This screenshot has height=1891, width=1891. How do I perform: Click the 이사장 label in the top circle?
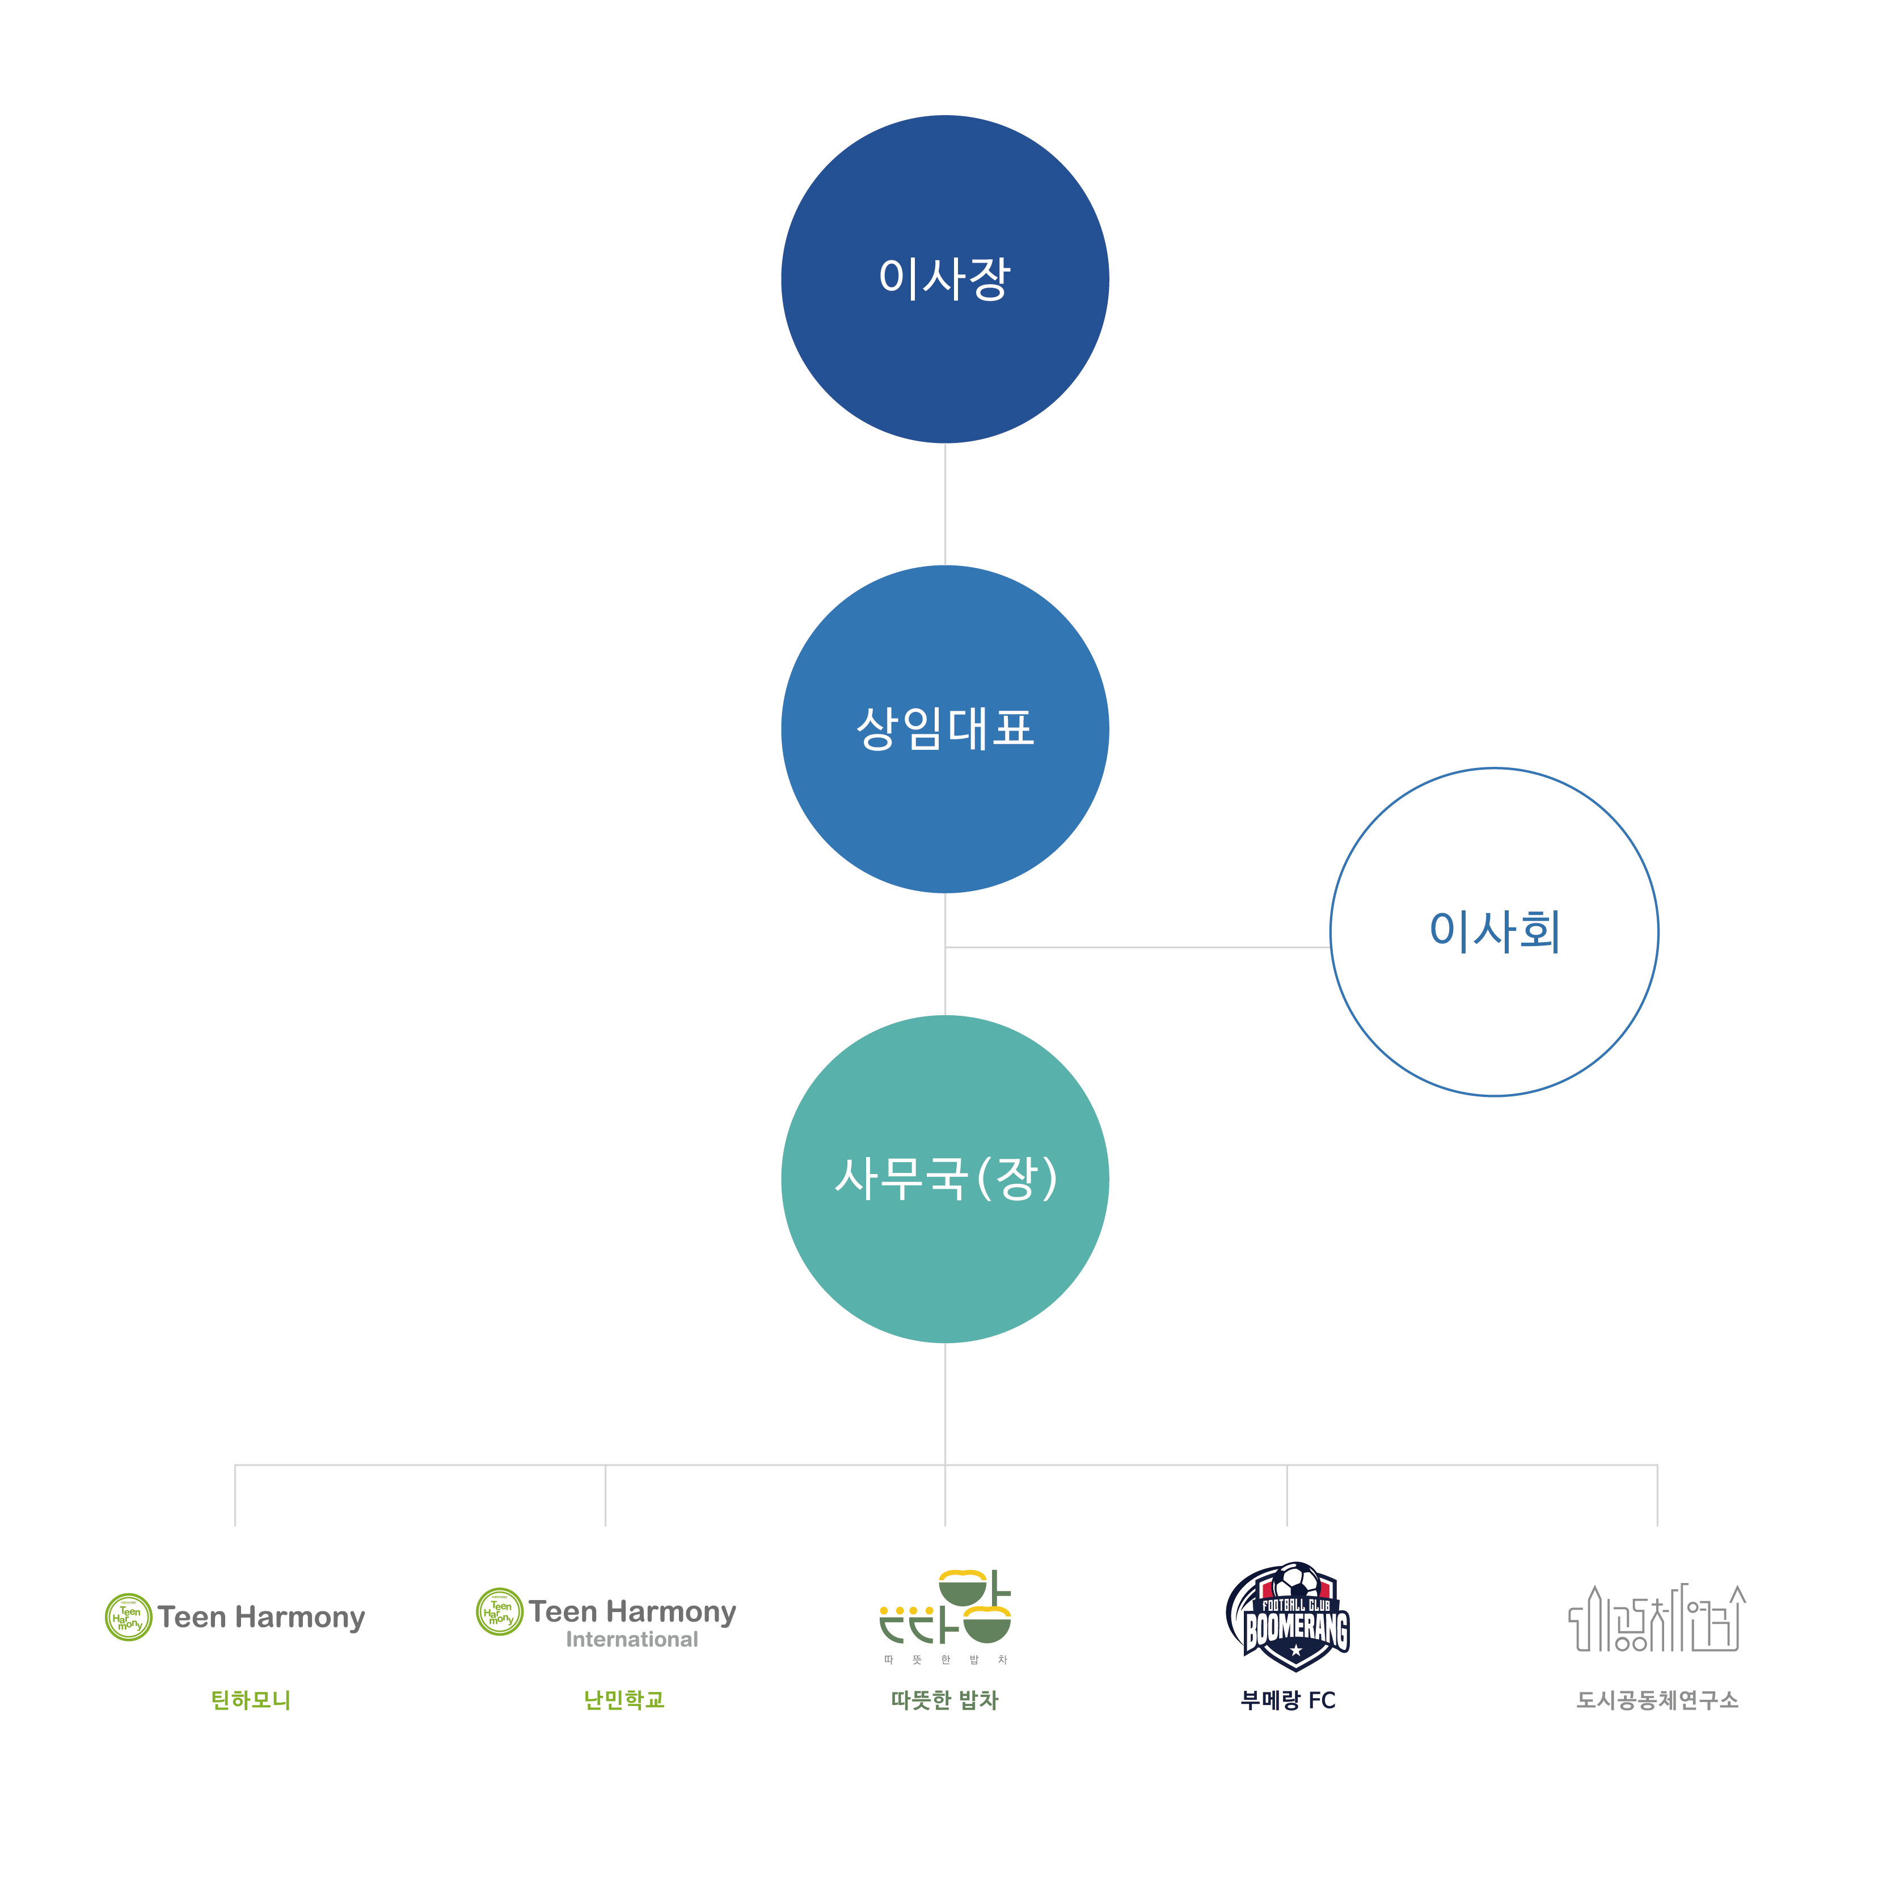(x=944, y=279)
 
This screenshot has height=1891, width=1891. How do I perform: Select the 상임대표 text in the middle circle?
(x=944, y=728)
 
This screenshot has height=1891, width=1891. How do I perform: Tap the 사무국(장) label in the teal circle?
(x=944, y=1179)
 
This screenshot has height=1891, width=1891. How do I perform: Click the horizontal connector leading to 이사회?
(x=1136, y=947)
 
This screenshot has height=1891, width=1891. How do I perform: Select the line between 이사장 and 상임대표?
(x=944, y=504)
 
